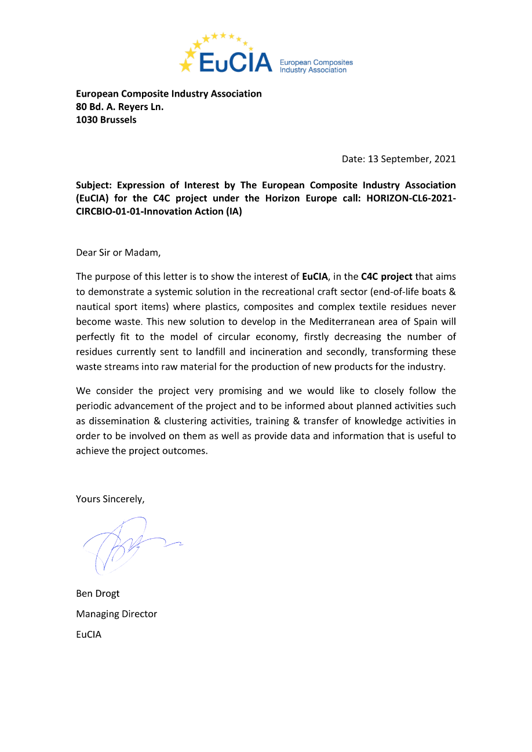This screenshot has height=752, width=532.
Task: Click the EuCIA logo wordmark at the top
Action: (235, 62)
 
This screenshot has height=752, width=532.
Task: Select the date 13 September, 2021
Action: (413, 159)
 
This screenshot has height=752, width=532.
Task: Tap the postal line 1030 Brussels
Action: (106, 120)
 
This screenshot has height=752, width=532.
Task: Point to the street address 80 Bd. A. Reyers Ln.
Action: (119, 107)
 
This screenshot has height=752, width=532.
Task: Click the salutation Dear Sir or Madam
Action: (118, 253)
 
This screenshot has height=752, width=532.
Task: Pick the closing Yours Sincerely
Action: (110, 499)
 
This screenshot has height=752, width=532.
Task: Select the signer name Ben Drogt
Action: (98, 594)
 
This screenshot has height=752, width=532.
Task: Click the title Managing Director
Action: (116, 614)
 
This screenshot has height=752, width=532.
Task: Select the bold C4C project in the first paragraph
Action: (387, 276)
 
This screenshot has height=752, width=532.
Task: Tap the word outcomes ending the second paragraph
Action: (187, 451)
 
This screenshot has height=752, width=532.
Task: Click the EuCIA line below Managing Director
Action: (89, 634)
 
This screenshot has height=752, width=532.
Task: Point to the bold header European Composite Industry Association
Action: (169, 94)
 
